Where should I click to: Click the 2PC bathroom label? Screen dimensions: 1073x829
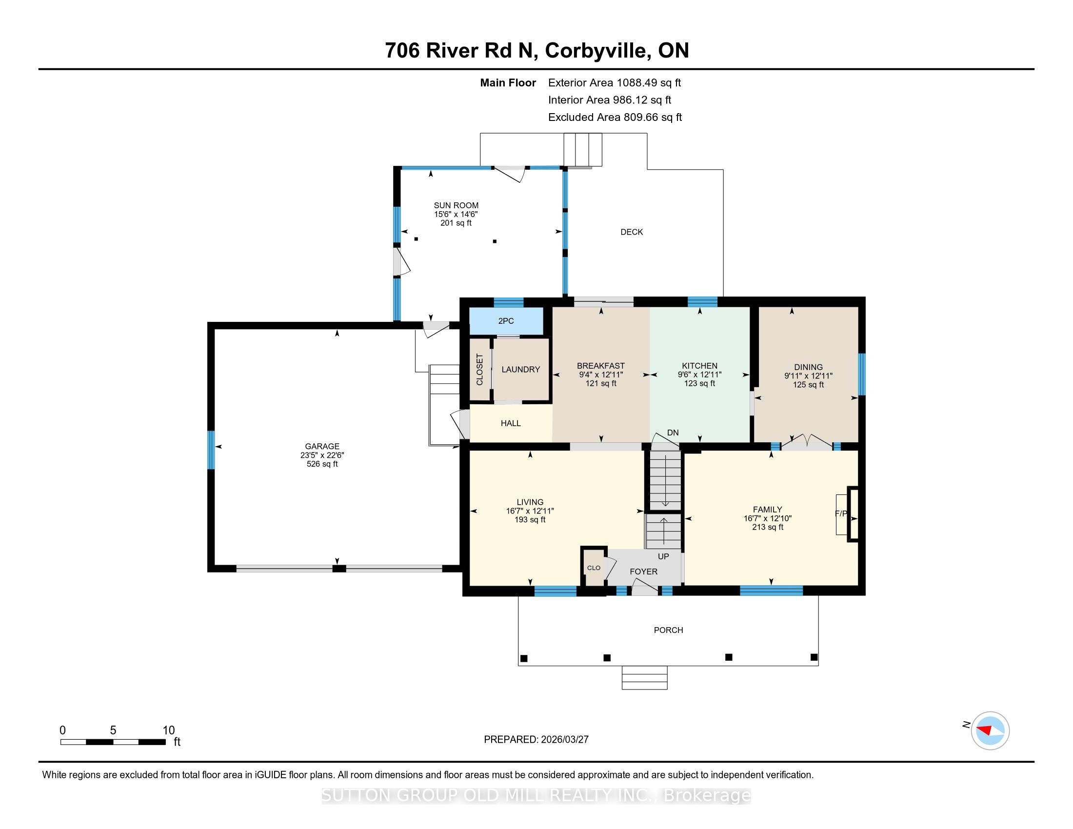[506, 321]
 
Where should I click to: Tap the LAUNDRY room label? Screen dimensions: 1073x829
[520, 369]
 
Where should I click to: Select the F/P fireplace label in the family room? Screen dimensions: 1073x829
[841, 513]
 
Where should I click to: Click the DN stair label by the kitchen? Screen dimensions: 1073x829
[673, 433]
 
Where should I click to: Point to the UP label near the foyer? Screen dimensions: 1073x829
[663, 556]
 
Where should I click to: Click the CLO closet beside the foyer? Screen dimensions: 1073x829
[594, 568]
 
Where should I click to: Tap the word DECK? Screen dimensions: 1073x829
[631, 232]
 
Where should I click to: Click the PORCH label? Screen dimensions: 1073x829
[668, 630]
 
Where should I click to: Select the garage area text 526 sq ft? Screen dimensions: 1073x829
[322, 464]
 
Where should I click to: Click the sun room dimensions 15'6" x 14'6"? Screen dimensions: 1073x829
[456, 214]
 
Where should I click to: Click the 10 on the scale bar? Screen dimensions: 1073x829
[169, 730]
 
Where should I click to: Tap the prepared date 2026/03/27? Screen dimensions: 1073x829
[564, 740]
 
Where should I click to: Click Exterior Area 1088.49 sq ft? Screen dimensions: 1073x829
[614, 83]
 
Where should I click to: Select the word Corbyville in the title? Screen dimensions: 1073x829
[596, 51]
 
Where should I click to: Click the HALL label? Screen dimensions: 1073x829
[511, 423]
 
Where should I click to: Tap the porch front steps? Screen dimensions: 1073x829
[644, 678]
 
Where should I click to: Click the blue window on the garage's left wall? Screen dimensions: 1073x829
[211, 450]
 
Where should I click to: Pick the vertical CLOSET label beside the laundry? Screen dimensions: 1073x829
[480, 369]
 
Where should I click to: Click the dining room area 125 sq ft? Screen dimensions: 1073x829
[808, 385]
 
